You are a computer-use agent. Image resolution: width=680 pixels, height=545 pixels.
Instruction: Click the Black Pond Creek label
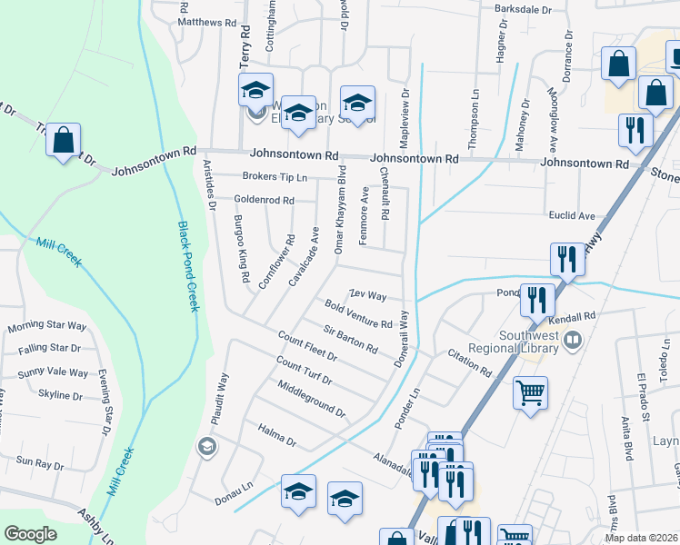click(188, 267)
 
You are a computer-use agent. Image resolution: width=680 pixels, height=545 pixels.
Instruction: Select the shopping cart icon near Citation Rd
click(531, 393)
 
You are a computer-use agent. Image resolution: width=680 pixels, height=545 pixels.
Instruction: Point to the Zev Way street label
click(368, 296)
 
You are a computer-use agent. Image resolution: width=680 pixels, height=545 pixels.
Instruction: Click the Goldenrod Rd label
click(264, 200)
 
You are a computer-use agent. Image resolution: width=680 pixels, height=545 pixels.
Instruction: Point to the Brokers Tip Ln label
click(275, 177)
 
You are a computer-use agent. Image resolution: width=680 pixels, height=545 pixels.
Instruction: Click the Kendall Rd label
click(577, 316)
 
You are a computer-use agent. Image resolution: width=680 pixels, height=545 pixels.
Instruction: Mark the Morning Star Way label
click(47, 327)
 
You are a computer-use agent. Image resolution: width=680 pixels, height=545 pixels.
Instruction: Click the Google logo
click(30, 534)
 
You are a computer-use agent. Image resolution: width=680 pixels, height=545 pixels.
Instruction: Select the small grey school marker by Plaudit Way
click(206, 445)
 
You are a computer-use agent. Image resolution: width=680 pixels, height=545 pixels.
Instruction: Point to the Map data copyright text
click(642, 538)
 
